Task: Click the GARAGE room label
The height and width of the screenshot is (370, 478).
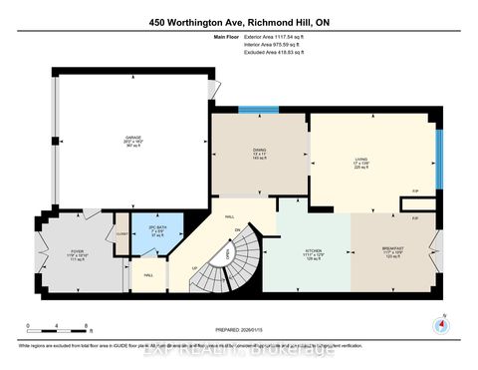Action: pyautogui.click(x=133, y=142)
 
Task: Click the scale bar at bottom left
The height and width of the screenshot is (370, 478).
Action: pyautogui.click(x=60, y=330)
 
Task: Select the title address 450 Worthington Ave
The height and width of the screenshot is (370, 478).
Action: pyautogui.click(x=238, y=22)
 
